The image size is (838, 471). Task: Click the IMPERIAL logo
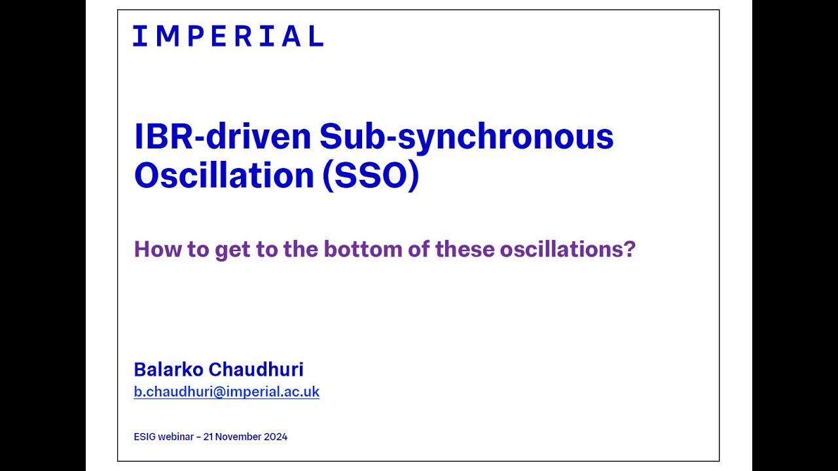click(x=228, y=36)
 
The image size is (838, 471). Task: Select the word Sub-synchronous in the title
click(x=466, y=136)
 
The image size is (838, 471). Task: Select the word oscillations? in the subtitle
click(x=568, y=249)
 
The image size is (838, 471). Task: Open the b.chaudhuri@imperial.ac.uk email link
click(x=227, y=392)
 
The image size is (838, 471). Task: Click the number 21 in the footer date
click(x=208, y=437)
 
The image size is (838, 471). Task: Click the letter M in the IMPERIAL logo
click(x=168, y=36)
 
